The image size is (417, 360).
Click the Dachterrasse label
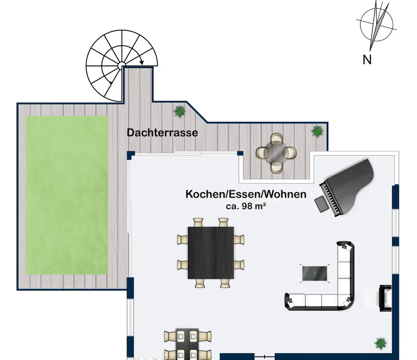pos(162,132)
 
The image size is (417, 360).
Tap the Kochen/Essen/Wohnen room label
pos(246,194)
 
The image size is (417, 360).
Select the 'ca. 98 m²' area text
pos(246,206)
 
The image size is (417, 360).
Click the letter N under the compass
pos(367,60)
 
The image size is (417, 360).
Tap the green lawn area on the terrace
pos(67,194)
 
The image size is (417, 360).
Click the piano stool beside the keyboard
pos(321,204)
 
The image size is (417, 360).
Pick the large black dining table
pos(211,253)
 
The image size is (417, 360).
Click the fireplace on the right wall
pos(385,298)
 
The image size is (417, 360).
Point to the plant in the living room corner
pos(381,343)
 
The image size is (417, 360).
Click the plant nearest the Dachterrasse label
pos(179,111)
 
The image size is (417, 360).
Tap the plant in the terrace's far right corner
pos(317,131)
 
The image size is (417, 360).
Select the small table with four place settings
pos(187,344)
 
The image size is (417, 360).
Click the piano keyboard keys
pos(331,199)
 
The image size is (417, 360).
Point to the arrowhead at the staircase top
pos(141,63)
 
